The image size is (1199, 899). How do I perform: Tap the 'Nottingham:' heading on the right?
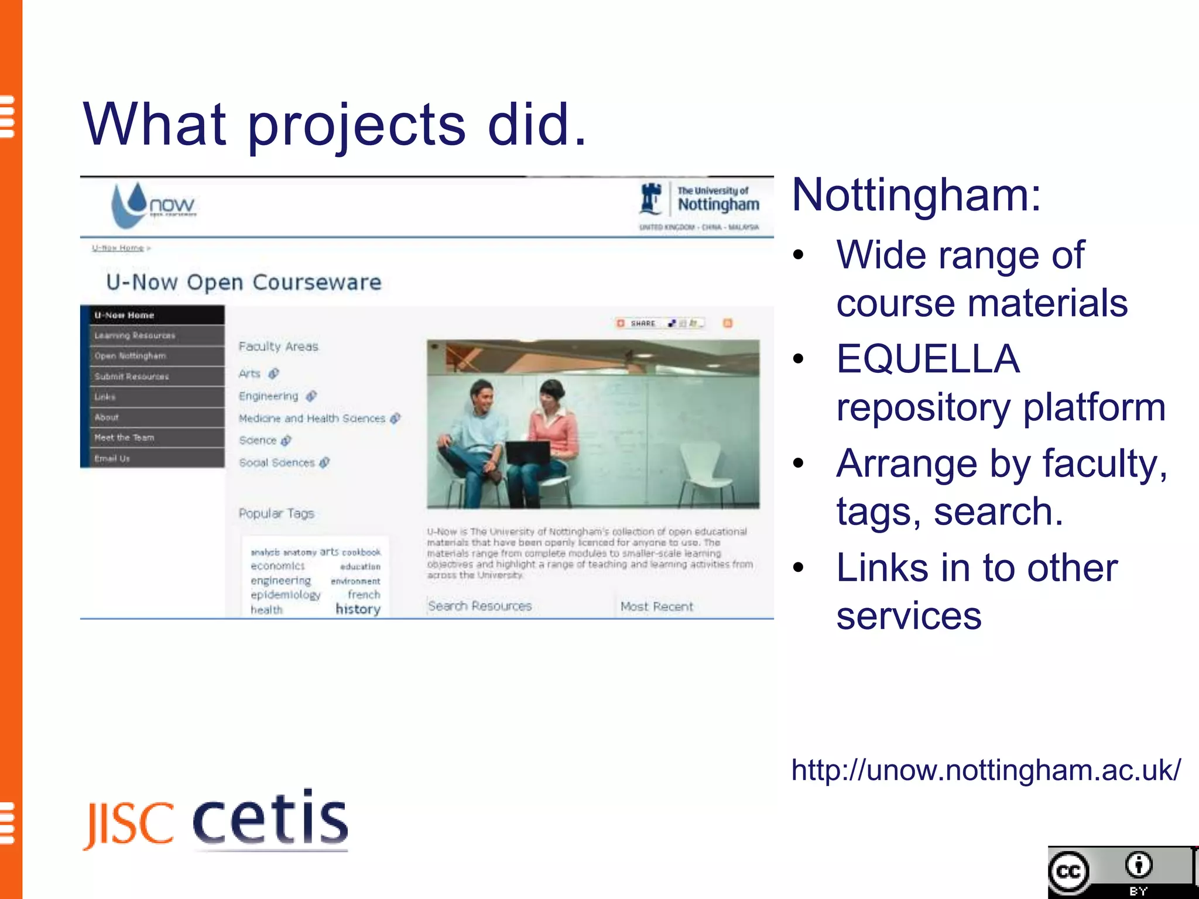click(916, 195)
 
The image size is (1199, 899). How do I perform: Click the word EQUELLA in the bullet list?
click(928, 359)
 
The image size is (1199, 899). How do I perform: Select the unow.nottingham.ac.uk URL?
click(986, 770)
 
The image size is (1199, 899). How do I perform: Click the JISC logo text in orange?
click(129, 825)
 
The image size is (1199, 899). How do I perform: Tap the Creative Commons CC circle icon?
click(1069, 872)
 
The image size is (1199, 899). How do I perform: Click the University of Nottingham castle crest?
click(650, 199)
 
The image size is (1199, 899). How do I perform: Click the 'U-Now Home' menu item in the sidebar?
click(124, 315)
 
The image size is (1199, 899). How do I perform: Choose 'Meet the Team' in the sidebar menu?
click(124, 438)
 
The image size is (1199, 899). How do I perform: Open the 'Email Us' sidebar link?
click(112, 458)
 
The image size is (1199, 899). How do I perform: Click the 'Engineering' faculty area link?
click(269, 396)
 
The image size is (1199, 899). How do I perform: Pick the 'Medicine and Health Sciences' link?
click(312, 418)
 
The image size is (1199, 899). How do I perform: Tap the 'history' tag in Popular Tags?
click(358, 609)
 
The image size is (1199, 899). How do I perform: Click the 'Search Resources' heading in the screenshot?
click(479, 606)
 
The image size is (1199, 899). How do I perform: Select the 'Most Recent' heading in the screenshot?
click(656, 607)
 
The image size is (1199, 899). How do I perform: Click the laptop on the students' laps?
click(527, 452)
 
